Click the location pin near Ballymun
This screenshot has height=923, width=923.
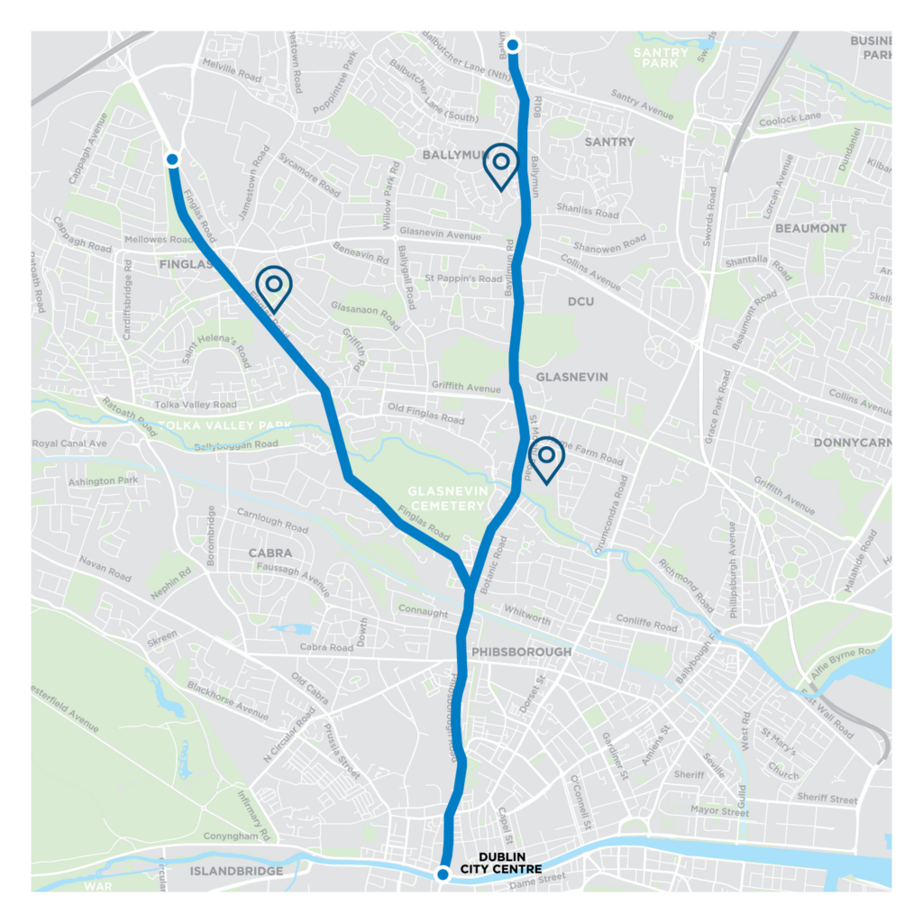(x=501, y=164)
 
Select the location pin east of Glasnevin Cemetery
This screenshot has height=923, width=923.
(x=545, y=458)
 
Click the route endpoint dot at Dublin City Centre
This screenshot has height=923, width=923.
(x=443, y=873)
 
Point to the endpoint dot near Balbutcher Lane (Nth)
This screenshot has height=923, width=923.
(x=512, y=45)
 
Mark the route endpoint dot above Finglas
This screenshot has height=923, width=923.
(x=173, y=160)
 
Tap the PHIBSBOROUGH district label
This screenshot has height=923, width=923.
(x=521, y=652)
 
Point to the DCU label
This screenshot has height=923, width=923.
(x=581, y=301)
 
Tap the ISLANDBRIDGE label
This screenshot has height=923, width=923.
(x=237, y=871)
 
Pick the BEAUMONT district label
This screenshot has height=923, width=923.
(x=810, y=228)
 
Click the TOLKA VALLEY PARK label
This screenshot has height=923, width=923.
(x=225, y=425)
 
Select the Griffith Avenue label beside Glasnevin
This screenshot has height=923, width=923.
(x=465, y=388)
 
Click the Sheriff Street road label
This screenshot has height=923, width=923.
(x=827, y=798)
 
